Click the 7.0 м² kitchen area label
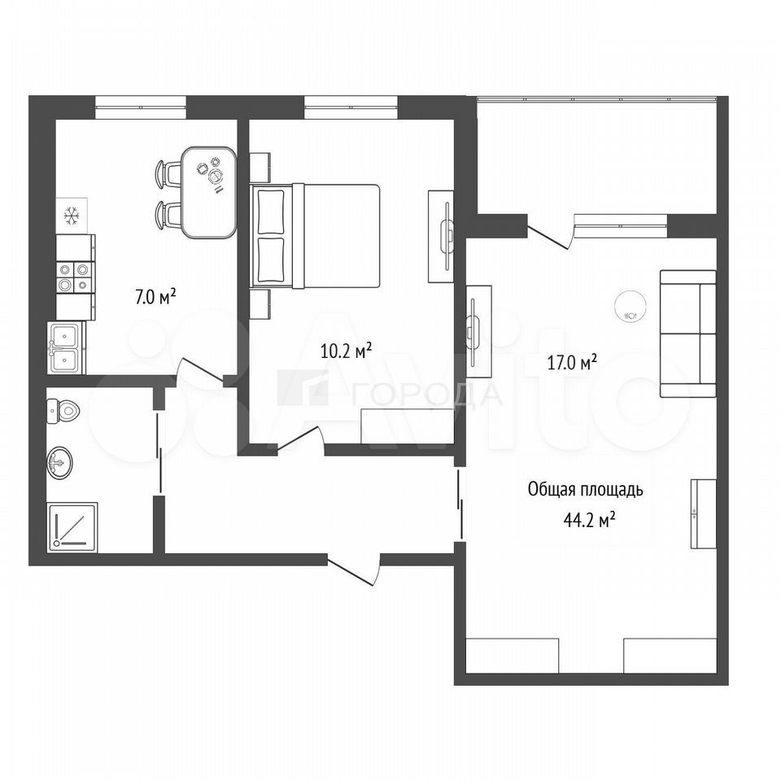click(156, 298)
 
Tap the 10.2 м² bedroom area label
click(347, 351)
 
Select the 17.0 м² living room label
click(572, 363)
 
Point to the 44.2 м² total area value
click(589, 521)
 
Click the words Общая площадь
click(585, 490)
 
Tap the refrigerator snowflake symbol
click(72, 216)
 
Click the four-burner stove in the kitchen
click(75, 277)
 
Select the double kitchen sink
click(66, 347)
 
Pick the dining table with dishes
click(209, 192)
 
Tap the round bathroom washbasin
click(59, 463)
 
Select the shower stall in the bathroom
click(72, 527)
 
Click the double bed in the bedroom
click(316, 236)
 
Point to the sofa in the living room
click(688, 334)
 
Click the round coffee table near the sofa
click(630, 307)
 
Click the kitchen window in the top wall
click(141, 107)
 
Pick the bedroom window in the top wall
click(351, 107)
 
